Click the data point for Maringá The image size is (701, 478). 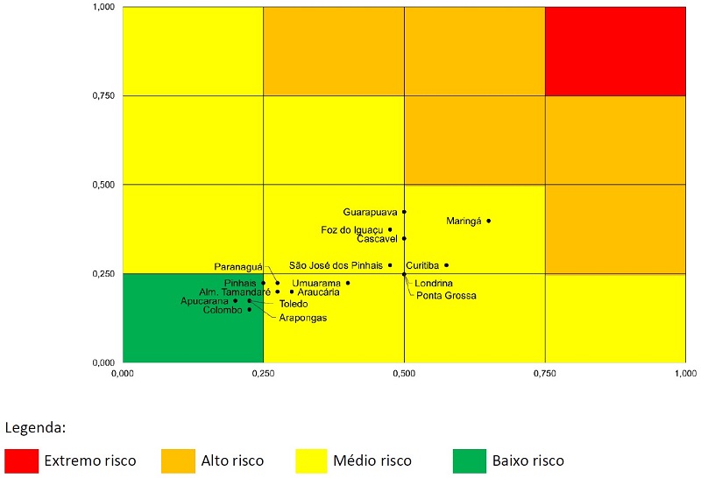tap(488, 221)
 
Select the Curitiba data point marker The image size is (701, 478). tap(446, 265)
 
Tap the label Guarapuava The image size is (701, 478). tap(371, 212)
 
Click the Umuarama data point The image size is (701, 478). tap(348, 283)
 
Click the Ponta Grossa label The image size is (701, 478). tap(446, 296)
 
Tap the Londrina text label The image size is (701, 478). tap(434, 284)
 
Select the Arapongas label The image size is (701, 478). tap(302, 318)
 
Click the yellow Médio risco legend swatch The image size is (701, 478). tap(312, 460)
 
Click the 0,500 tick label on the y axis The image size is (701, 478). tap(104, 185)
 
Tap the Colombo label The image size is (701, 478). tap(223, 310)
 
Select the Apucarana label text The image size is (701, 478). tap(204, 301)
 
